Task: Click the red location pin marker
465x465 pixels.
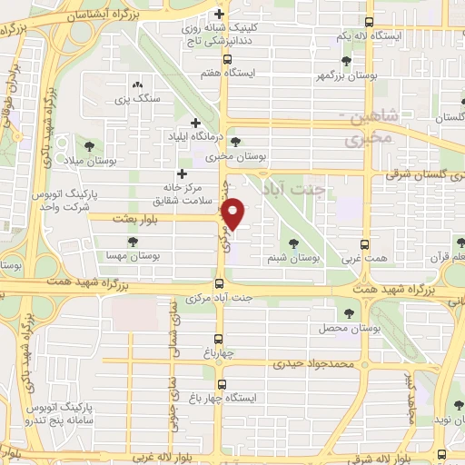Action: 234,213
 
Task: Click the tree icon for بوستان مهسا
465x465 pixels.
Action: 133,242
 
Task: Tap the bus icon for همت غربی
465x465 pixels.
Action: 364,244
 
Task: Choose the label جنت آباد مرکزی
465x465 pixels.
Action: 219,298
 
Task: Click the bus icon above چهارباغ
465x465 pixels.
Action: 218,338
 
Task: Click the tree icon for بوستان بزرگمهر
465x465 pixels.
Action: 346,61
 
